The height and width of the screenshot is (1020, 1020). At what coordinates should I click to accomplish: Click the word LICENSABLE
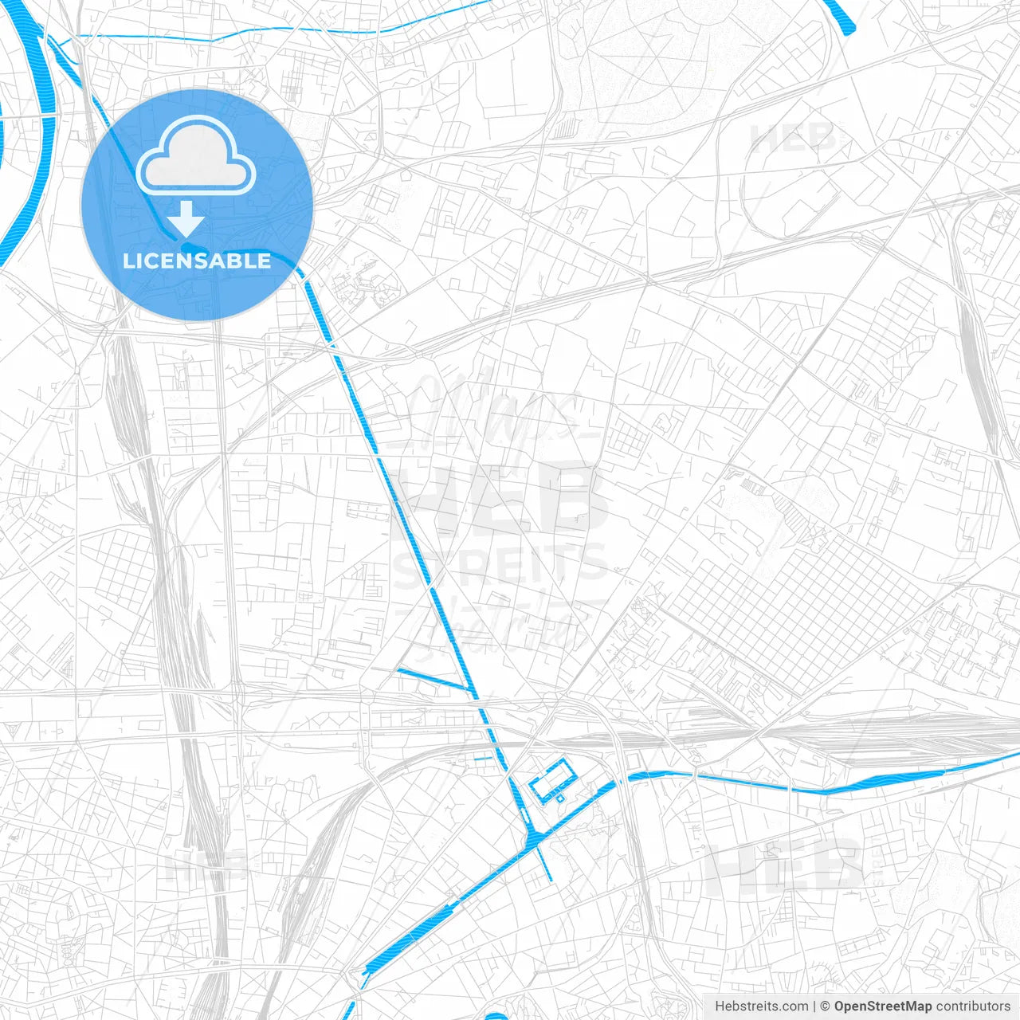point(197,261)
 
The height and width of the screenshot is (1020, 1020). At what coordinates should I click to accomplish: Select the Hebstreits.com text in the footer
point(761,1006)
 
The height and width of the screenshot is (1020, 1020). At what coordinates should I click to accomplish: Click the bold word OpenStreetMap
point(883,1006)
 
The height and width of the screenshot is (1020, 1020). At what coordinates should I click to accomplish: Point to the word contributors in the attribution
point(973,1006)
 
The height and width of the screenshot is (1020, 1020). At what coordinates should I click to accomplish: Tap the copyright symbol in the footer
point(826,1006)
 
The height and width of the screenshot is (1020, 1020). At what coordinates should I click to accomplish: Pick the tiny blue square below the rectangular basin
point(559,798)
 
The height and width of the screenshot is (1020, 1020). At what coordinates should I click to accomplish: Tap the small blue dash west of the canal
point(484,759)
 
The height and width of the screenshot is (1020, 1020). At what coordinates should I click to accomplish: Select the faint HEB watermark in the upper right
point(792,139)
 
